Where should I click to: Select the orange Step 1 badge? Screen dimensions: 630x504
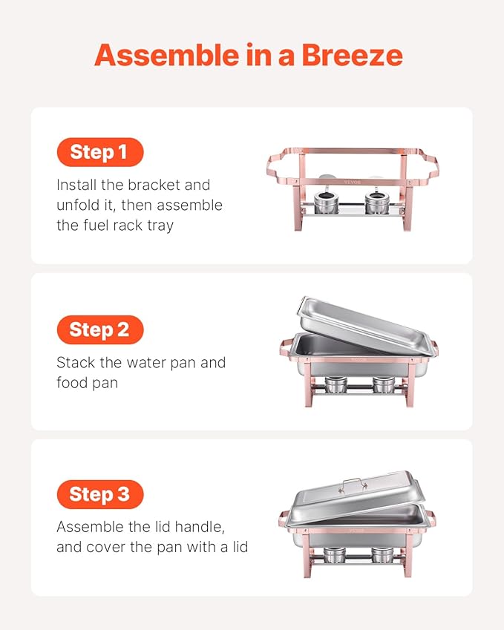(x=99, y=153)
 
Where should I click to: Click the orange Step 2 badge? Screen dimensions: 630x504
(x=99, y=329)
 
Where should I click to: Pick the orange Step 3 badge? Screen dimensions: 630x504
(x=99, y=494)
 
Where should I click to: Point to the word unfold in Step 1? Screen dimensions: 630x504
(x=76, y=205)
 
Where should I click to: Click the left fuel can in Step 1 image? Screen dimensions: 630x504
(x=325, y=201)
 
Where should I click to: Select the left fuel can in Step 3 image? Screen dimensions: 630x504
(x=335, y=555)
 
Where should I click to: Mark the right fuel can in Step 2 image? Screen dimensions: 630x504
(x=384, y=384)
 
